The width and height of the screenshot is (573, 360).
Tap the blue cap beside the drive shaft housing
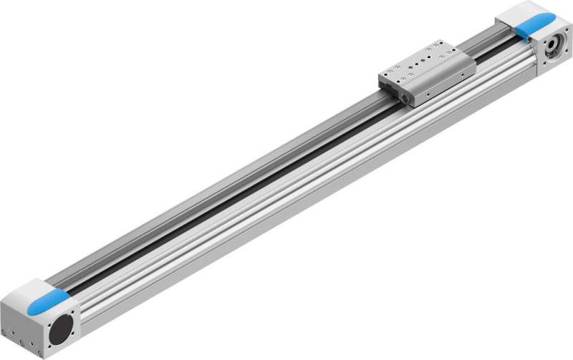point(534,27)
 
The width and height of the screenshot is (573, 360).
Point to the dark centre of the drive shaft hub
point(553,49)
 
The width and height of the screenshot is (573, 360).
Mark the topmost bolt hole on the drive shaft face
point(559,37)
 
